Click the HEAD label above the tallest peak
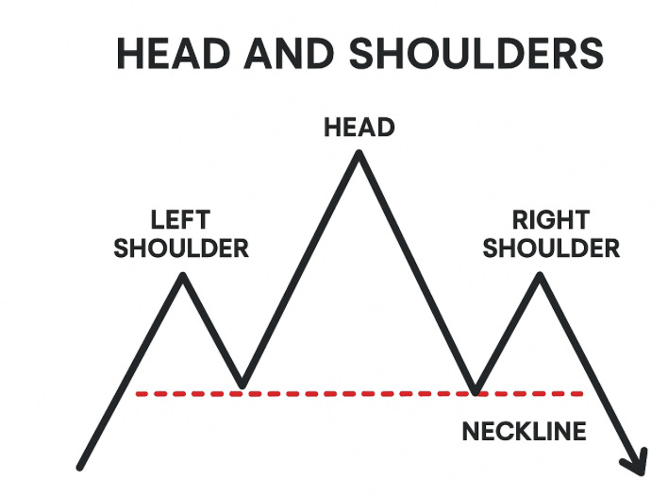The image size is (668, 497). point(359,127)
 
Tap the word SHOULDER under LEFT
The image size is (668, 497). point(181,249)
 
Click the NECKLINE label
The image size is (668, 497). point(524,432)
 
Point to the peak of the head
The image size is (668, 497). point(359,153)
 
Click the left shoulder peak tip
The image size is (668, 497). point(183,275)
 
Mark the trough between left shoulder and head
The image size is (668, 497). point(242,386)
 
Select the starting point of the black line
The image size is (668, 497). point(82,466)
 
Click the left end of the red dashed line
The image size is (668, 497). point(138,393)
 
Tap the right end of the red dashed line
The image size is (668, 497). point(582,393)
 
